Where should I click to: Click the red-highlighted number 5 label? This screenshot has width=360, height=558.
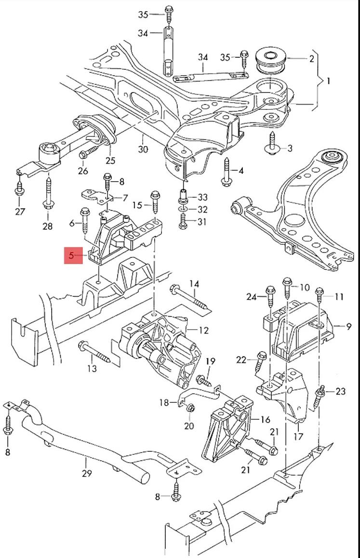pyautogui.click(x=72, y=255)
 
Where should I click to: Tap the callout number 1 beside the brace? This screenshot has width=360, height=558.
pyautogui.click(x=328, y=81)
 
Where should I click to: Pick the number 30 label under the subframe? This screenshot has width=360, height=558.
pyautogui.click(x=143, y=149)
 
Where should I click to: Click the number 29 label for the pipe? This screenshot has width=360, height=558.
pyautogui.click(x=86, y=473)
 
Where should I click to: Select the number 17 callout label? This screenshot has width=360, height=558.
pyautogui.click(x=298, y=437)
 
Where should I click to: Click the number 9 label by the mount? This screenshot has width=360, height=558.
pyautogui.click(x=349, y=327)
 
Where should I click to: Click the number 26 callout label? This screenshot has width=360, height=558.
pyautogui.click(x=83, y=171)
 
